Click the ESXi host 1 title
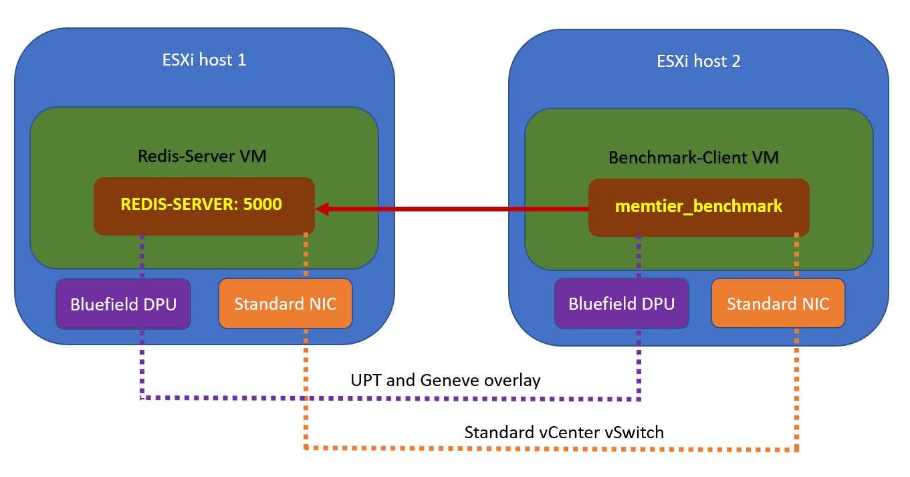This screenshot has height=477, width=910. pos(205,60)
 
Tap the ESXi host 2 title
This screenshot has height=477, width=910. pos(699,61)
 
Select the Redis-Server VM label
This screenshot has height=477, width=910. pos(202,157)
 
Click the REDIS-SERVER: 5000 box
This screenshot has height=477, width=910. pos(204,206)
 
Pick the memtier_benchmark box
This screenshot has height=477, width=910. pos(699,207)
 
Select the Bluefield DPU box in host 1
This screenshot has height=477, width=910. pos(124,304)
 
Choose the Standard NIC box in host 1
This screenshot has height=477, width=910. pos(286,304)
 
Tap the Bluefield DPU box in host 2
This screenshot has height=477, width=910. pos(621,304)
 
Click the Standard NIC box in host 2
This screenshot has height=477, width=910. pos(778,304)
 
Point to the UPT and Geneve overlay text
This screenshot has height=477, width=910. pos(445,381)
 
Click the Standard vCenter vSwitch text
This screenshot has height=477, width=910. pos(564,432)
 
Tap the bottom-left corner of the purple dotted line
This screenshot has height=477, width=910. pos(142,397)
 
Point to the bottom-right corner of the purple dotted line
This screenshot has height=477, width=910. pos(641,399)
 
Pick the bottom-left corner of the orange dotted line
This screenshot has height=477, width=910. pos(306,447)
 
